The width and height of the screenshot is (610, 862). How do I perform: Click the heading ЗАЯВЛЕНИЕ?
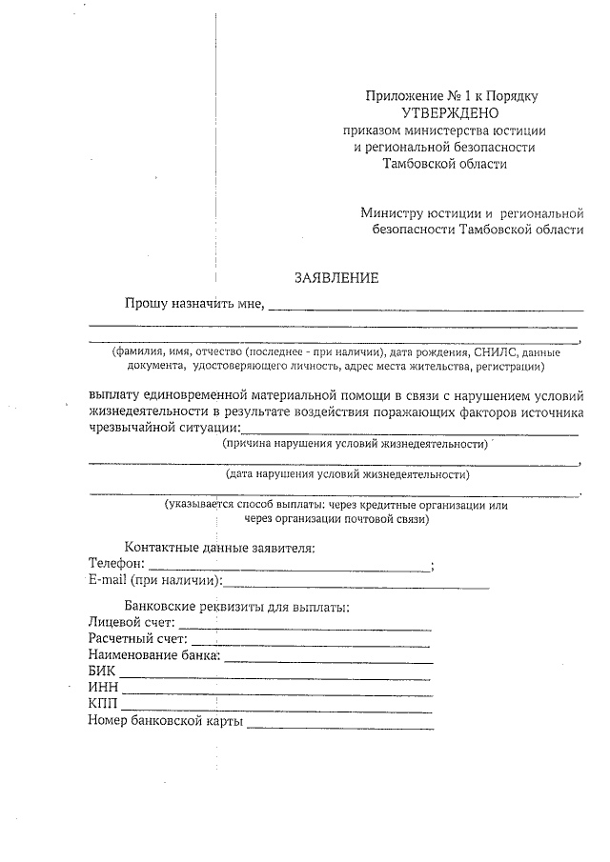click(335, 278)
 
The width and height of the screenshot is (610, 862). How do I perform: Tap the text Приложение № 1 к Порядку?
click(453, 96)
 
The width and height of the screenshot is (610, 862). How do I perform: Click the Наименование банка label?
click(154, 656)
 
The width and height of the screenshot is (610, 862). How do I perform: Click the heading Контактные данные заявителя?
click(219, 548)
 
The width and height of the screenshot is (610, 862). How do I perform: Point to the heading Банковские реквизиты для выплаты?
click(236, 607)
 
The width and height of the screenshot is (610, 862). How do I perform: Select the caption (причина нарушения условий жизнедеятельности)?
click(355, 444)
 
